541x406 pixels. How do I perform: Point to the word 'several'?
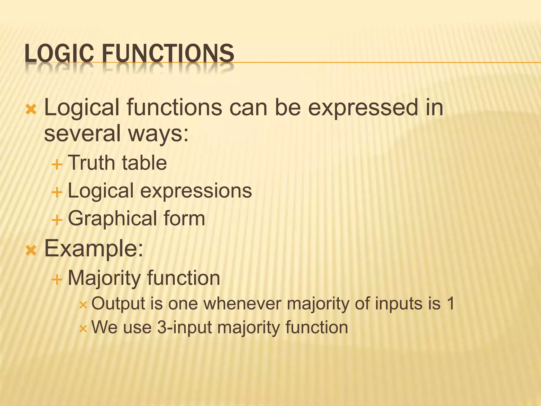(82, 133)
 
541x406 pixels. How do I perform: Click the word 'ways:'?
(158, 134)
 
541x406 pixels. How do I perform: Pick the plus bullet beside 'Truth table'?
(57, 165)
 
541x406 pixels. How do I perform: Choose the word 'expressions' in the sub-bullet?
(196, 191)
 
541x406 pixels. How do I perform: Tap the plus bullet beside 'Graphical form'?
(57, 220)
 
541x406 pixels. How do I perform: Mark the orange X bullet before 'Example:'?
(31, 250)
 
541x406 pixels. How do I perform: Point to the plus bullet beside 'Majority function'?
(57, 279)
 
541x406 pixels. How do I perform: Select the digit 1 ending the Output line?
(450, 303)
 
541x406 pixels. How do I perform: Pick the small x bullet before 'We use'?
(83, 329)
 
